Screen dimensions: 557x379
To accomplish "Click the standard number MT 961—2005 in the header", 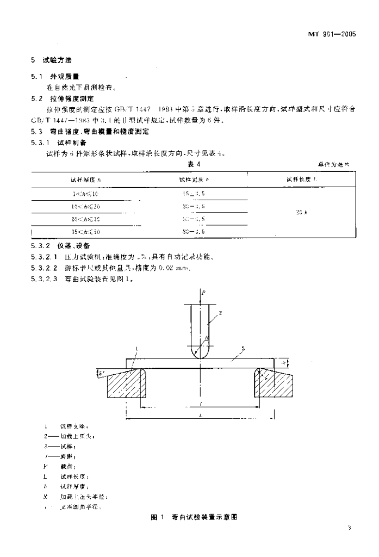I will pyautogui.click(x=332, y=34).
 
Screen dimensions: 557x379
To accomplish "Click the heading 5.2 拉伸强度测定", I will pyautogui.click(x=62, y=99).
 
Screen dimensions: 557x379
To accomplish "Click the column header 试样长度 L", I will pyautogui.click(x=301, y=178).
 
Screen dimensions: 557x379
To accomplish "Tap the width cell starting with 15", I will pyautogui.click(x=195, y=193).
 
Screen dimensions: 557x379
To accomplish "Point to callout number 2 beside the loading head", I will pyautogui.click(x=221, y=313).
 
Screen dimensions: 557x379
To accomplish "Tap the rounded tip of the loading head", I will pyautogui.click(x=200, y=353).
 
